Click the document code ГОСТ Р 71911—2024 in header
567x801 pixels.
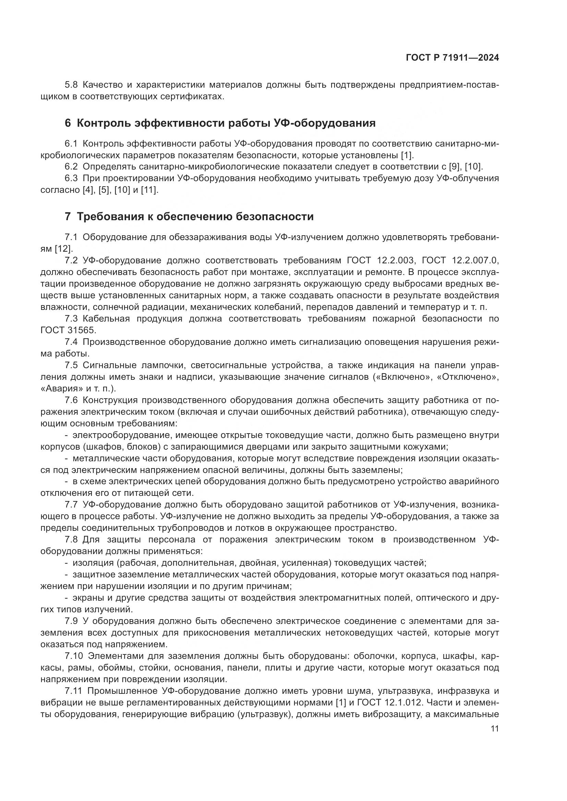click(452, 58)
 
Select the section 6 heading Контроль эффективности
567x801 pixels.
click(220, 123)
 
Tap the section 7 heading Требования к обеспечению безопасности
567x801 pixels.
click(189, 217)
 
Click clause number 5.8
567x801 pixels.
click(72, 85)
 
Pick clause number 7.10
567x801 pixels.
click(74, 656)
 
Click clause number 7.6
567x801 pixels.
click(72, 400)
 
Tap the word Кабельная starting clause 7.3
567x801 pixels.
click(106, 319)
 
